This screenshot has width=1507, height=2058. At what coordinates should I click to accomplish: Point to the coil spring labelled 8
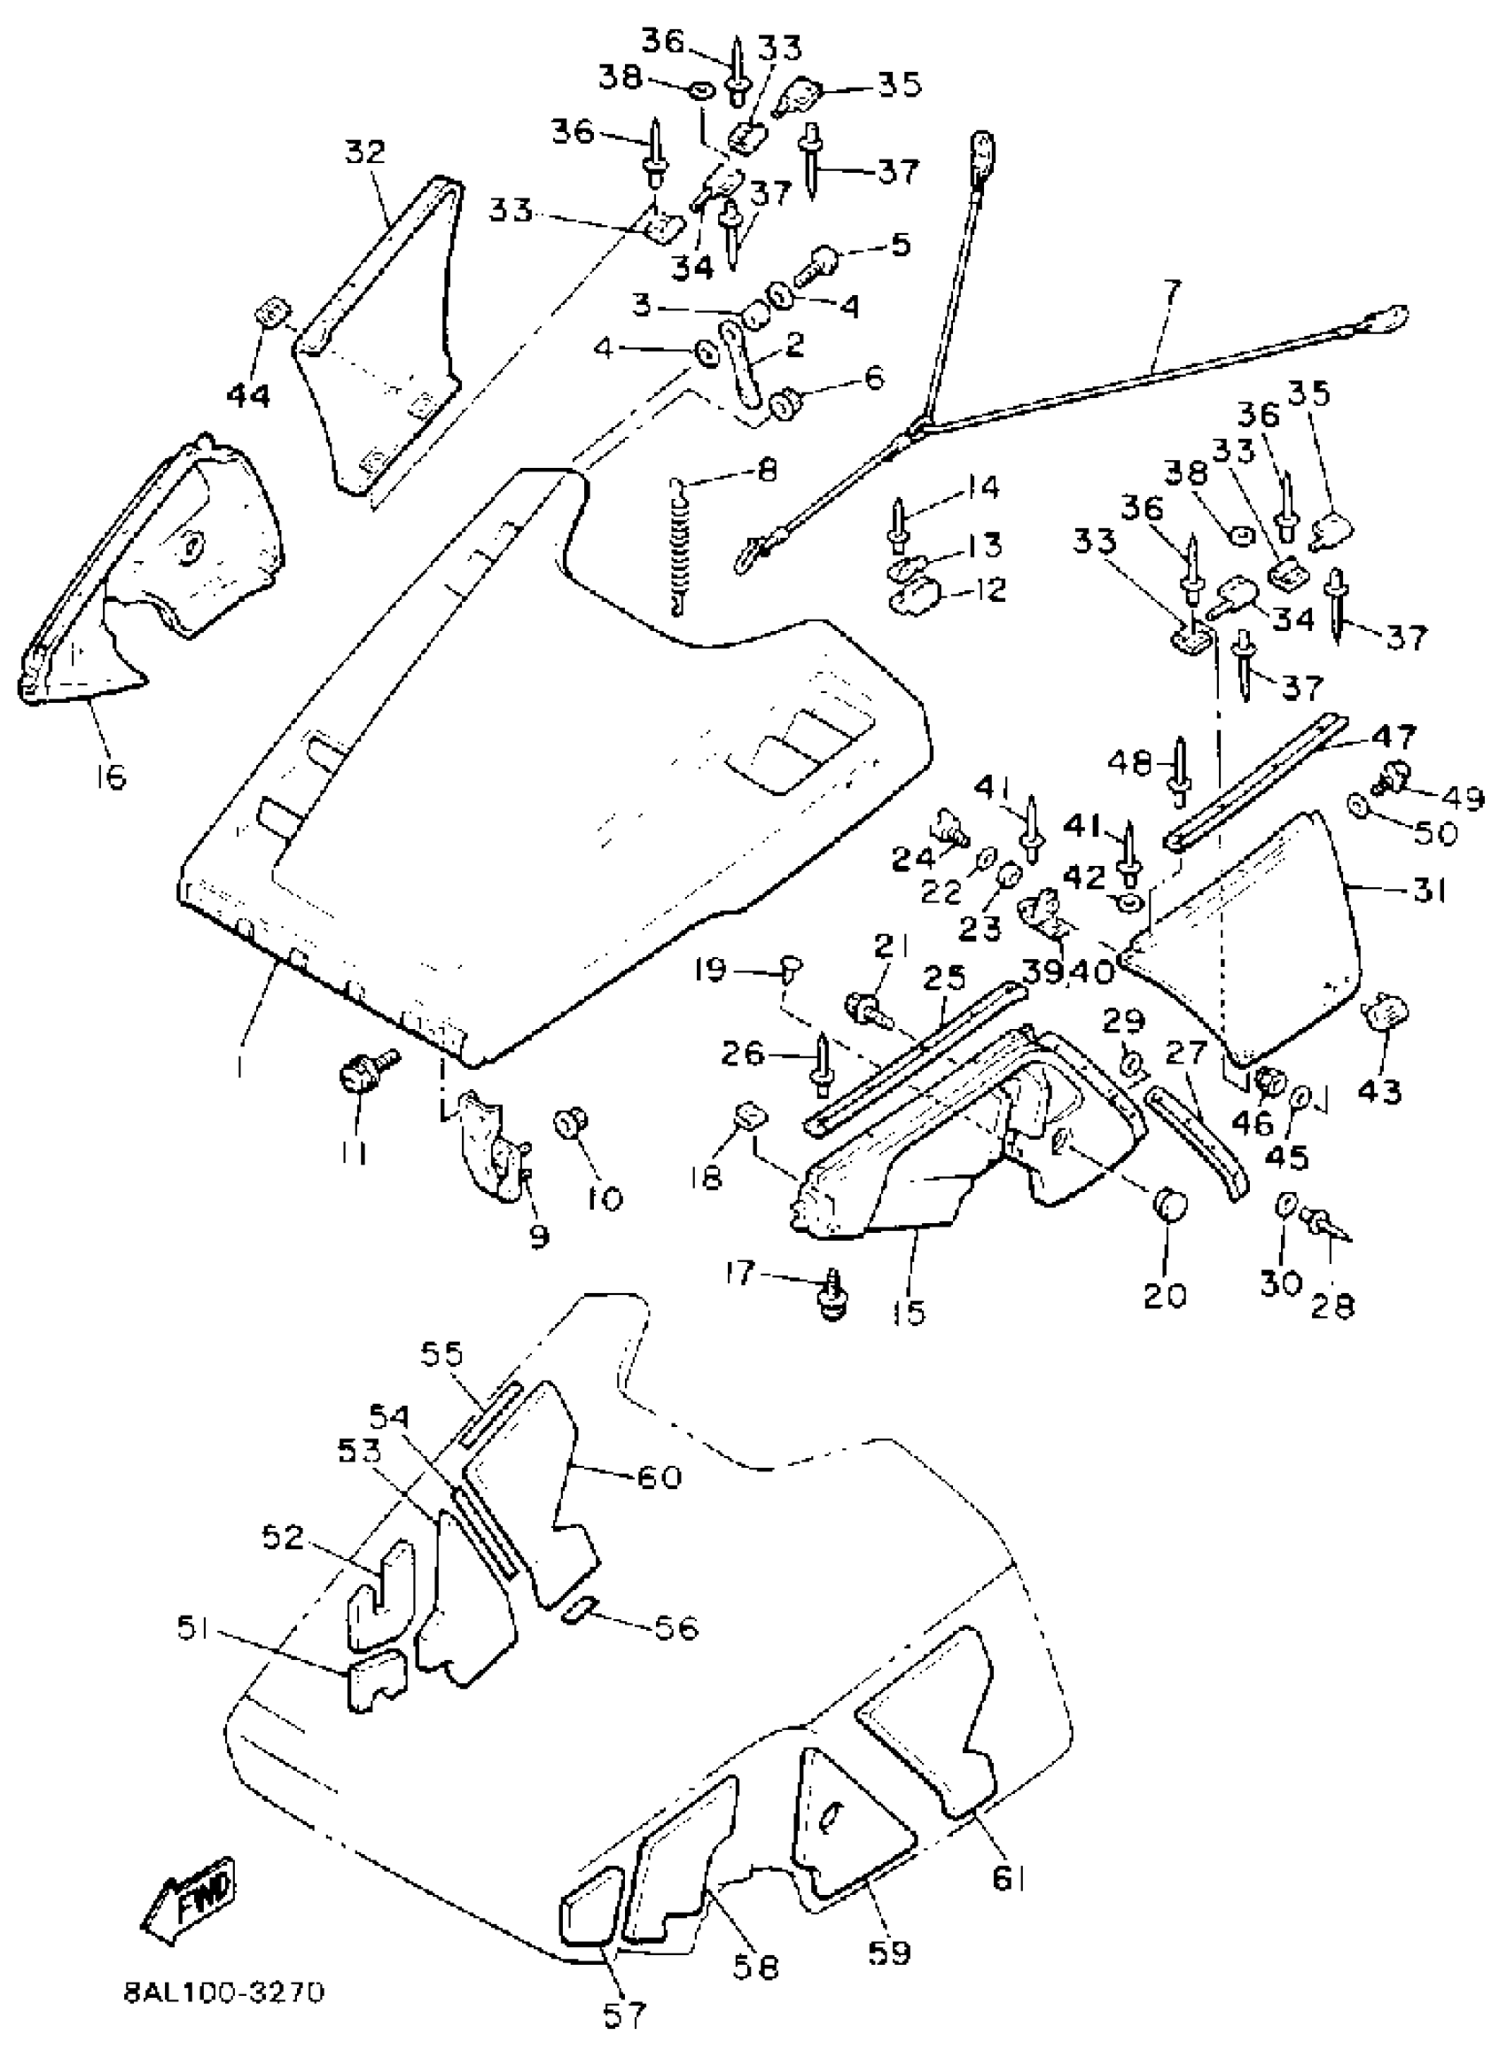(679, 550)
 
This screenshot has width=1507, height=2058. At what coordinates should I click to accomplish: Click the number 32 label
(365, 151)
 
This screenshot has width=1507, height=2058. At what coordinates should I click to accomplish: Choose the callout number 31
(1430, 890)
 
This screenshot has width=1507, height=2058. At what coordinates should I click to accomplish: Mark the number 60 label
(657, 1477)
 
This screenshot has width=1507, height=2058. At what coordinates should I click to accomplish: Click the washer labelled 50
(1358, 804)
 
